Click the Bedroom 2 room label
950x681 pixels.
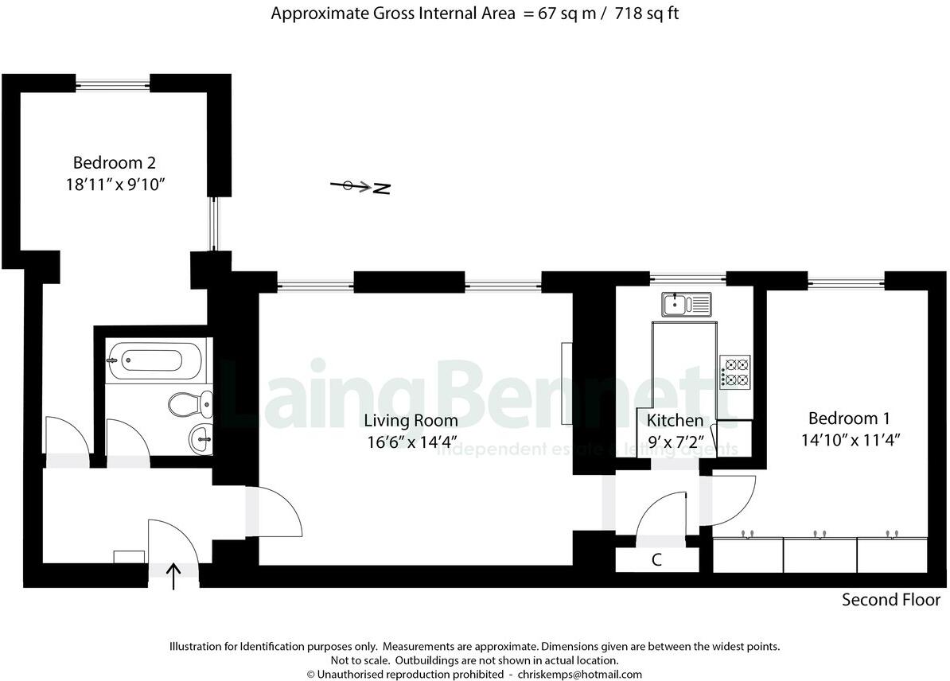[x=114, y=163]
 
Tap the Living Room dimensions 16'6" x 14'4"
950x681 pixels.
[x=411, y=443]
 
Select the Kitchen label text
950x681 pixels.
[x=675, y=421]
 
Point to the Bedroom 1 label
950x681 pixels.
[x=849, y=418]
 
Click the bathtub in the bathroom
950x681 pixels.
[x=155, y=360]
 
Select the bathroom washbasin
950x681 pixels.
[x=201, y=435]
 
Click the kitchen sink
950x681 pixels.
[x=686, y=303]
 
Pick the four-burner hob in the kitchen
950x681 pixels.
[x=735, y=372]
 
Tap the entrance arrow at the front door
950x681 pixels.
[x=174, y=576]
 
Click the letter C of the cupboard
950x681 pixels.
[x=656, y=560]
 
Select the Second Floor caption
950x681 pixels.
[x=891, y=600]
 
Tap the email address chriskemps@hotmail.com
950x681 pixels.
[x=579, y=674]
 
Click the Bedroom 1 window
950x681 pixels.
[x=845, y=279]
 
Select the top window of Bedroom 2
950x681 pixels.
[x=112, y=82]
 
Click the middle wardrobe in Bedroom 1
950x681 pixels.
[x=820, y=555]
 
